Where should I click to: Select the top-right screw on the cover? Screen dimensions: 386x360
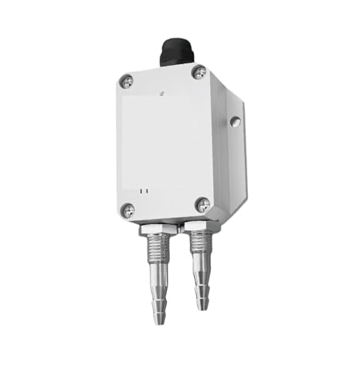[x=199, y=73]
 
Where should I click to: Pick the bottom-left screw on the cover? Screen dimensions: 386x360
[x=126, y=208]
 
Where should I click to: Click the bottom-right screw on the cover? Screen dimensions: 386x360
[x=202, y=205]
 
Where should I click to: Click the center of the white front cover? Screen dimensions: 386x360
[x=165, y=143]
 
